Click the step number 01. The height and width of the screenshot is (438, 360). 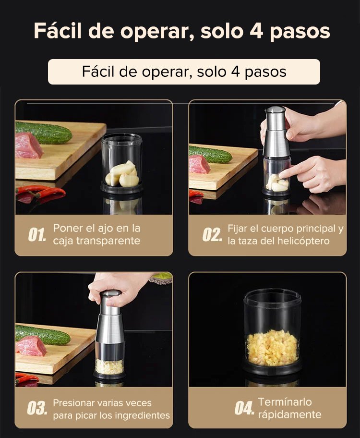(37, 235)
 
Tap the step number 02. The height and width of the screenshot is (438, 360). (212, 235)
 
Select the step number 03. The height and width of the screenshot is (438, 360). (37, 408)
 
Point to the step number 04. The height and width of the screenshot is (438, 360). (244, 408)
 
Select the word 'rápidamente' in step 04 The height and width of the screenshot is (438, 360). (289, 414)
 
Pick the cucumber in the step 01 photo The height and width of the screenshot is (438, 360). (43, 132)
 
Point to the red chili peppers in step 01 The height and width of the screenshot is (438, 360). (40, 193)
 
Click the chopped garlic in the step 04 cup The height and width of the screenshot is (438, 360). (272, 347)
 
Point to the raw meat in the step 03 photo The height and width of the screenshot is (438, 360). (31, 346)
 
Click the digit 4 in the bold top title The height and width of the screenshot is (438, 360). (256, 30)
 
